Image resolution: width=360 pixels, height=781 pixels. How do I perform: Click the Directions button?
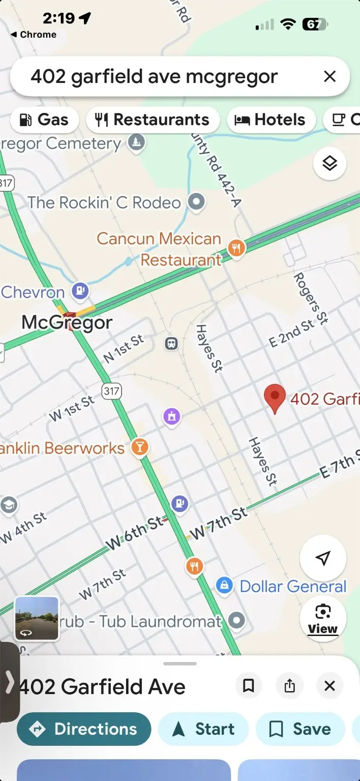84,729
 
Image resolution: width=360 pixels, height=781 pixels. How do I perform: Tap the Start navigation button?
203,729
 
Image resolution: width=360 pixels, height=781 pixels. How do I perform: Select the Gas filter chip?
44,120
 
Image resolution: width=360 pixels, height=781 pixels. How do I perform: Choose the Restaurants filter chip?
153,120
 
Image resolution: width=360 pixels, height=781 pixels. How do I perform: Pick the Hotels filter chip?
269,120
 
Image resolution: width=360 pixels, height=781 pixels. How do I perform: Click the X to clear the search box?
329,77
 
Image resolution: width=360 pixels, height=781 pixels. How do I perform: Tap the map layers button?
329,164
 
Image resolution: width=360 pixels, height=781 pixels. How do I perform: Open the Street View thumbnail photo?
37,618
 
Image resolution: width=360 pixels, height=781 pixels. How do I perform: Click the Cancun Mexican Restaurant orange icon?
236,248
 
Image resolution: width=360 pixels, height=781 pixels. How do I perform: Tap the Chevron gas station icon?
80,291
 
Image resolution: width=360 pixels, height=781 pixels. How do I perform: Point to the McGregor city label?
67,322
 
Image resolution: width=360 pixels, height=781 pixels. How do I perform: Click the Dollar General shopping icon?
224,586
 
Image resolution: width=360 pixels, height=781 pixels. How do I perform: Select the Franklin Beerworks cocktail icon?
139,447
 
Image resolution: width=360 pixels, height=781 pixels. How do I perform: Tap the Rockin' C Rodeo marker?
196,202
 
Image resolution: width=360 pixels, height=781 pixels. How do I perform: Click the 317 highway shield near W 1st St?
111,391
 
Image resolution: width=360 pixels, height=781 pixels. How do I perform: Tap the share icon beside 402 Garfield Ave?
289,686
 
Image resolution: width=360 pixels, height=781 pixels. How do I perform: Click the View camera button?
323,618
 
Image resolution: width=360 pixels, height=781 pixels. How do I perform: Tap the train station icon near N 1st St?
172,344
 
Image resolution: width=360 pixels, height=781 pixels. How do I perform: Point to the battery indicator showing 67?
315,24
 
